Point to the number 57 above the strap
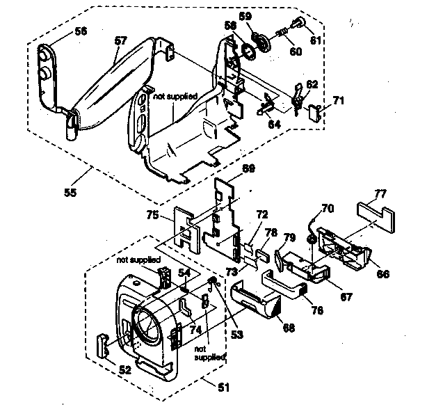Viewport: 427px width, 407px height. [121, 41]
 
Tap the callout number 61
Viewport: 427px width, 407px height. [316, 41]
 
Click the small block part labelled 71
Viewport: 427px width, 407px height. [316, 110]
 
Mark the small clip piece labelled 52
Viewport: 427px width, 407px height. [102, 344]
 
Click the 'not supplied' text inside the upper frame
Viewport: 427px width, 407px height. [175, 96]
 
